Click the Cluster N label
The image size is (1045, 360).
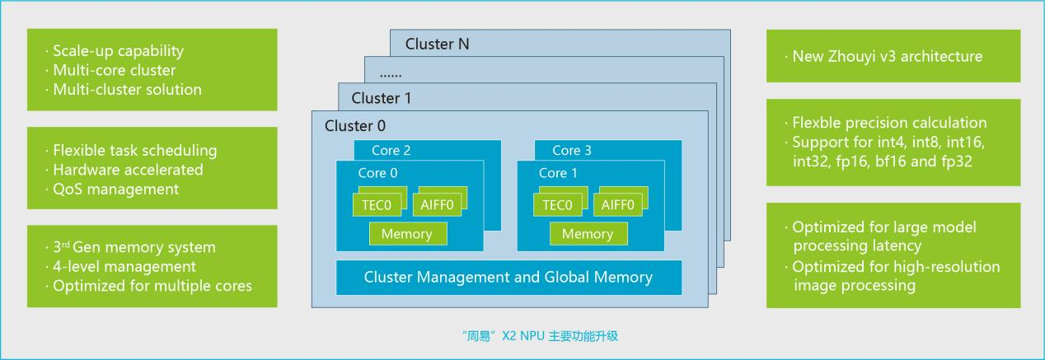437,44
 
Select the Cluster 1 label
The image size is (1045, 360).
382,98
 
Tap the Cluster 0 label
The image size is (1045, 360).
355,126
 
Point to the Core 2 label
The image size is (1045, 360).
391,151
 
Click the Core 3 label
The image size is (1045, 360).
572,151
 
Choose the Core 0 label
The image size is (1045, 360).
377,173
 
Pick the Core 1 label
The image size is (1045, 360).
558,173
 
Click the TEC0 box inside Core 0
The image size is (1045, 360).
375,205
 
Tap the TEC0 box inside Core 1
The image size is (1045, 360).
556,205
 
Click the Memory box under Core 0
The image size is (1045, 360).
407,234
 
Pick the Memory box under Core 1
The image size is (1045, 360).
588,234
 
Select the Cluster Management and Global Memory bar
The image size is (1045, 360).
508,278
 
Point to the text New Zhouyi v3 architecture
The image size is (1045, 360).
887,57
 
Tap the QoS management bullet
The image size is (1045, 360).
115,189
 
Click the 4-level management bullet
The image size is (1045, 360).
124,266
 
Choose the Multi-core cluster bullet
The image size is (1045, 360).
115,70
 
